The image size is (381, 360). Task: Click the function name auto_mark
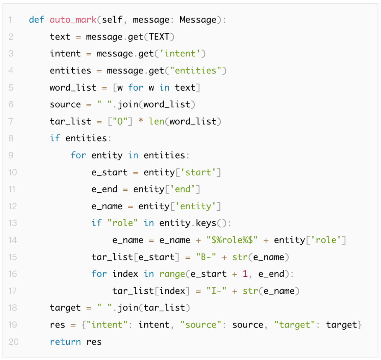click(73, 20)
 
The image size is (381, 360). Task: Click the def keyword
click(37, 20)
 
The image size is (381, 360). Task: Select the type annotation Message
click(198, 20)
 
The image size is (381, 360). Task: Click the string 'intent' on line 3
click(180, 54)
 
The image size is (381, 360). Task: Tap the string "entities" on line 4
click(195, 71)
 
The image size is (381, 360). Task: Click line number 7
click(11, 121)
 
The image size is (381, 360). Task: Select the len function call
click(156, 121)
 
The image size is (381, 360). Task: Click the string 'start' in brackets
click(198, 172)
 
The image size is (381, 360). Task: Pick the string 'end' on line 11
click(183, 189)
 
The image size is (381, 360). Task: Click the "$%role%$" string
click(235, 240)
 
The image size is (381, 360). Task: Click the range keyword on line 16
click(172, 274)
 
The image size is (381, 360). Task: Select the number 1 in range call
click(245, 274)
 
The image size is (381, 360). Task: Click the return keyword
click(65, 342)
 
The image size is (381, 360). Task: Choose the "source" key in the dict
click(201, 325)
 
